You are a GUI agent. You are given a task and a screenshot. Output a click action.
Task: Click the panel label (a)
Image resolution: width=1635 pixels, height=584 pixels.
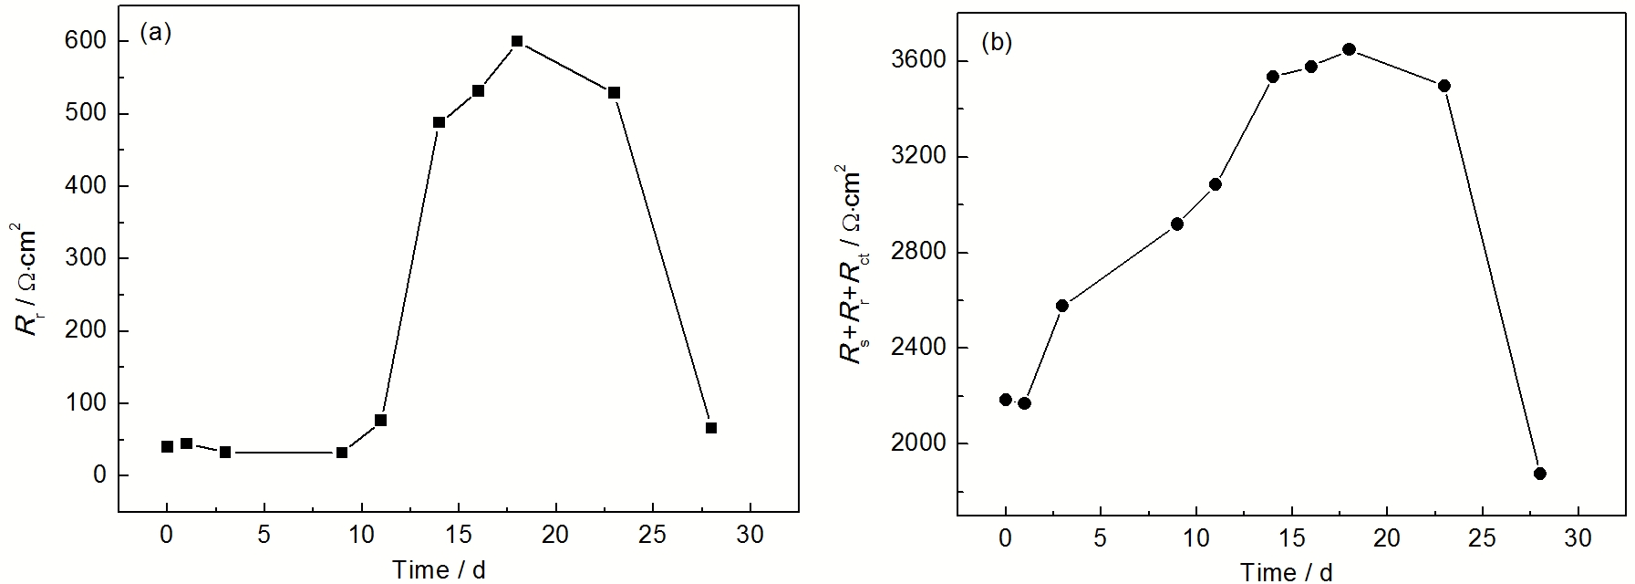pos(156,34)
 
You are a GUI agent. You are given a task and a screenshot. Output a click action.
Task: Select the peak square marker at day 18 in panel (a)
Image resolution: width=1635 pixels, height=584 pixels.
pos(517,41)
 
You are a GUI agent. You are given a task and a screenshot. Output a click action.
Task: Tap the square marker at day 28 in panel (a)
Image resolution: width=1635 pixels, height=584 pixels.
pos(711,428)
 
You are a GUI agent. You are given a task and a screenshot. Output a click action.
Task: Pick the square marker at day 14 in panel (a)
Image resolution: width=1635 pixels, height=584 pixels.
pos(439,122)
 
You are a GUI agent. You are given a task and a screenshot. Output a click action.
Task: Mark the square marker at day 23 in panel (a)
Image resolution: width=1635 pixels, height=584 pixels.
pos(614,93)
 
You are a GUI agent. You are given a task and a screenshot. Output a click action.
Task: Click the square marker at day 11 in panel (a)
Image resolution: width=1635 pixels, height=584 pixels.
pos(381,421)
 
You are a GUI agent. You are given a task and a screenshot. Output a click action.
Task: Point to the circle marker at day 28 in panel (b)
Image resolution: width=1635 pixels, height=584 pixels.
pos(1539,474)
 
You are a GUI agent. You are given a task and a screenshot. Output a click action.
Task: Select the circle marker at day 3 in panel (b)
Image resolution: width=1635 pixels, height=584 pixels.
pos(1062,306)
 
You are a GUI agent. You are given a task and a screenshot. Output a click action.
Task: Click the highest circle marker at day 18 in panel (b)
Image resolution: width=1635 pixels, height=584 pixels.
pos(1349,49)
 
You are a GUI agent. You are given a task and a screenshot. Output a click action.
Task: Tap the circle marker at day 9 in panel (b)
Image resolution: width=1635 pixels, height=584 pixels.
pos(1177,224)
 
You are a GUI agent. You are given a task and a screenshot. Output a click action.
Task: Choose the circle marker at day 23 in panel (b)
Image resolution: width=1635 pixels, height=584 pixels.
pos(1444,86)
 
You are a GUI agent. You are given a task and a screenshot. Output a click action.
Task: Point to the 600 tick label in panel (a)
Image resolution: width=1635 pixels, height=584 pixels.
pos(86,41)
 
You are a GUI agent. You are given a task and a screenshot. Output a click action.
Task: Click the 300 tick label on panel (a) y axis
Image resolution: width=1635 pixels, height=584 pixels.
pos(86,258)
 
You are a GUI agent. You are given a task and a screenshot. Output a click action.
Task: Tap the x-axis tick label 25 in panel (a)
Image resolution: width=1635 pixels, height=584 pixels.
pos(653,534)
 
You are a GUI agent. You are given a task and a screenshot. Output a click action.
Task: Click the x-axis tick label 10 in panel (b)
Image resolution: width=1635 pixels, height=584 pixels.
pos(1195,538)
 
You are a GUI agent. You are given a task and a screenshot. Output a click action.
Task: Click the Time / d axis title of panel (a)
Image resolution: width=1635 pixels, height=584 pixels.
pos(439,570)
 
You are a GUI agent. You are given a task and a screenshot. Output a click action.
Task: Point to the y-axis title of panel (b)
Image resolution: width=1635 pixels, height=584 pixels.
pos(852,266)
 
